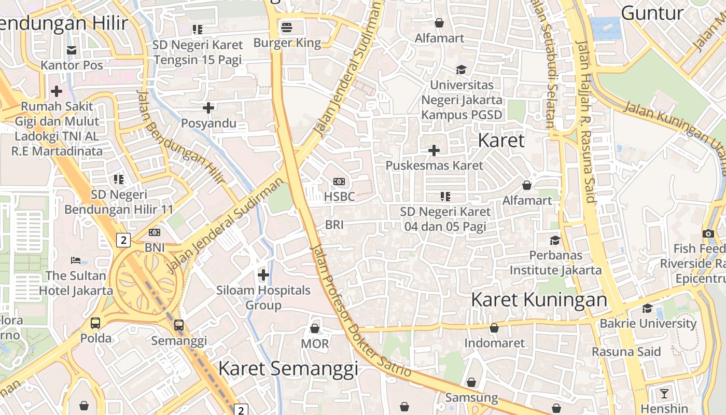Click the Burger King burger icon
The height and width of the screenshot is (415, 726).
pos(287,26)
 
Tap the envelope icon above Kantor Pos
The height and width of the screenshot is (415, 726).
pos(72,50)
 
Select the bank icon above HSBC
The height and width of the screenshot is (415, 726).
pos(339,181)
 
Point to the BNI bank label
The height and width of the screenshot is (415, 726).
pos(155,247)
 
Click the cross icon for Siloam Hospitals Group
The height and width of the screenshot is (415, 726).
pos(263,274)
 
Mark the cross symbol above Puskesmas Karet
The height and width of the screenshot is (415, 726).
pos(434,150)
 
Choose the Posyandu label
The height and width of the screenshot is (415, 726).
pos(208,123)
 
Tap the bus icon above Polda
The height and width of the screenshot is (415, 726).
pos(95,323)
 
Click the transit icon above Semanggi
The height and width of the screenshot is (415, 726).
pos(179,325)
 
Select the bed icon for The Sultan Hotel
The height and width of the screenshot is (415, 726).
pos(76,260)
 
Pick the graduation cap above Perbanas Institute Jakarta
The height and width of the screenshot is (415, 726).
pos(555,240)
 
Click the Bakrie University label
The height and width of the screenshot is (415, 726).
pos(648,323)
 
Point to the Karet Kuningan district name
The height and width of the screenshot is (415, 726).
pos(539,299)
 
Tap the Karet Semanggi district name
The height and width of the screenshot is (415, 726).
pos(288,368)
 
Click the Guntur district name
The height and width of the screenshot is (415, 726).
pos(652,13)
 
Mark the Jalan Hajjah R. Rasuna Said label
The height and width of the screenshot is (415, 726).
pos(585,122)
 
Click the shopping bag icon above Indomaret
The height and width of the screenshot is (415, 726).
pos(494,328)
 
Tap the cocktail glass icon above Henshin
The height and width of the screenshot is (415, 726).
pos(664,393)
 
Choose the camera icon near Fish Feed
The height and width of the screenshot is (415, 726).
pos(708,233)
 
